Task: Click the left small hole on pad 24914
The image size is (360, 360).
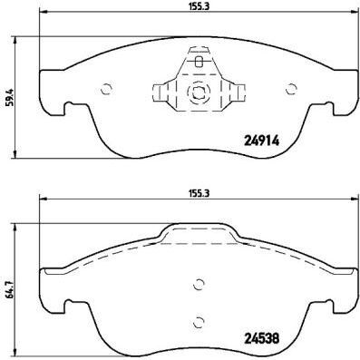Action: [106, 89]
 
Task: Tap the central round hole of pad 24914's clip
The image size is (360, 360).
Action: [198, 92]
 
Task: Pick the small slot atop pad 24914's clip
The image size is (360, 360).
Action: [199, 63]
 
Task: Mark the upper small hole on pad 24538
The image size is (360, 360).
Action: [199, 285]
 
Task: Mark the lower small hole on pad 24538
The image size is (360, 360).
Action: [199, 318]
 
